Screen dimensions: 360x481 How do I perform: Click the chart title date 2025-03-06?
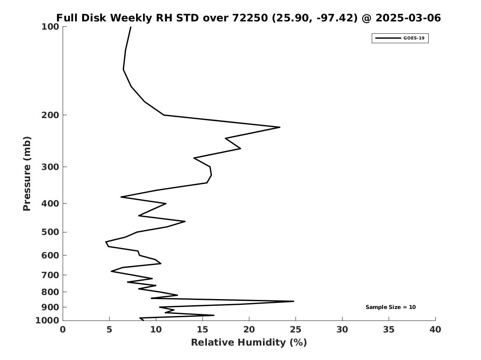tap(408, 18)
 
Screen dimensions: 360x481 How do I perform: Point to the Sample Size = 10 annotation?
tap(390, 307)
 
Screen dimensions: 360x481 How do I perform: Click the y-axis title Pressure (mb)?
tap(27, 173)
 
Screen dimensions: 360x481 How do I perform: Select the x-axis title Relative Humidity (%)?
tap(249, 342)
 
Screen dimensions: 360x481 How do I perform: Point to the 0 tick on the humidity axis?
tap(63, 330)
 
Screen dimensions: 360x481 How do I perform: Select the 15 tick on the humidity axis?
tap(202, 330)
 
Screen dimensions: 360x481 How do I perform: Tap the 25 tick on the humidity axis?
tap(296, 330)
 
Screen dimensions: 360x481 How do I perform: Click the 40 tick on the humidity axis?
tap(435, 330)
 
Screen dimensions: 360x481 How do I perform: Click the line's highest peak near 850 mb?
tap(293, 302)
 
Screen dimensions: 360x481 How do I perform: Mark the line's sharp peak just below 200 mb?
tap(280, 127)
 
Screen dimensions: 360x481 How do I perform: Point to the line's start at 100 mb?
tap(131, 27)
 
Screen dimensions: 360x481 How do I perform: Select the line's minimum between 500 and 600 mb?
tap(106, 242)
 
